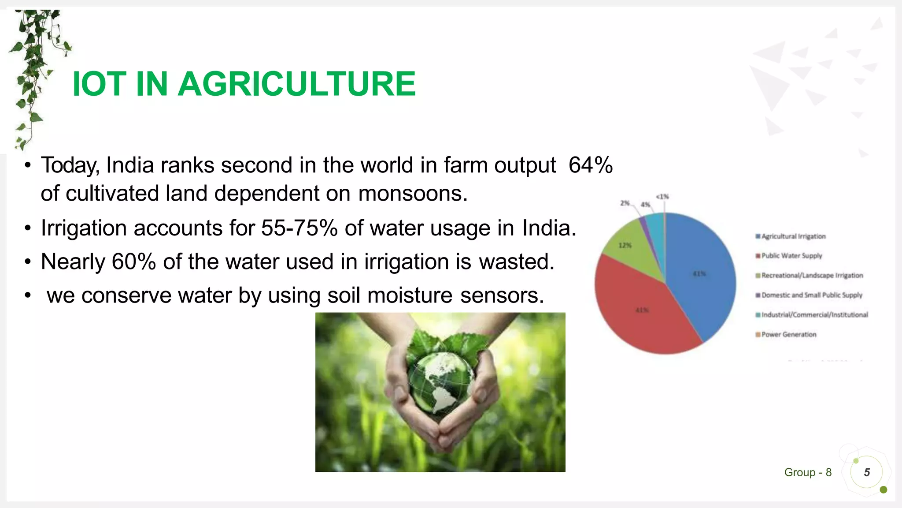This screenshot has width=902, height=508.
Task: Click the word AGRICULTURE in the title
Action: click(x=296, y=84)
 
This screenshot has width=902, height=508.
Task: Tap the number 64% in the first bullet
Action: click(x=590, y=165)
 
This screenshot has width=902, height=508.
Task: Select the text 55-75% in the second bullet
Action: click(x=299, y=228)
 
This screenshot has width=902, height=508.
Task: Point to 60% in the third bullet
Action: click(x=133, y=262)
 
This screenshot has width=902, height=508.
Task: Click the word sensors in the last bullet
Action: click(x=502, y=295)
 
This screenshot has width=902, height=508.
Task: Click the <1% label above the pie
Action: click(x=662, y=197)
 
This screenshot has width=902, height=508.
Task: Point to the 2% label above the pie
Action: click(x=625, y=203)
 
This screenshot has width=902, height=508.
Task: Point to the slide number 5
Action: click(x=867, y=473)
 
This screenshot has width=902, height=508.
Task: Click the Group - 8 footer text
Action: click(x=808, y=473)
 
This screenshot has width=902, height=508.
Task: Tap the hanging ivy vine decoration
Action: click(x=35, y=66)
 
